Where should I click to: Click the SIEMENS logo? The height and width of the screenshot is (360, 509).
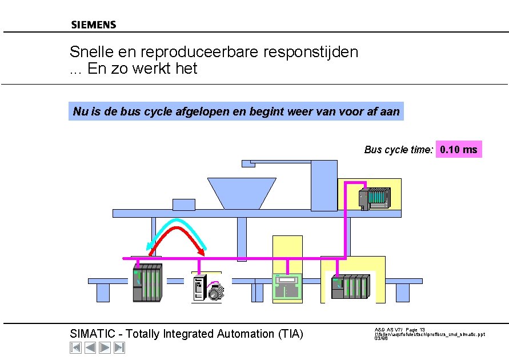coord(94,25)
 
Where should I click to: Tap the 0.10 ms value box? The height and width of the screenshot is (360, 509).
coord(459,150)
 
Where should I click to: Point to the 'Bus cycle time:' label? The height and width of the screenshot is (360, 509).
coord(399,150)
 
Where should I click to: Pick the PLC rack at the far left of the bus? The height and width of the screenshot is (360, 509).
coord(147,282)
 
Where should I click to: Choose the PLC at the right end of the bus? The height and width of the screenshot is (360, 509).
coord(350,286)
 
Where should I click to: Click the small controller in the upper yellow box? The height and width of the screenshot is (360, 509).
coord(374,198)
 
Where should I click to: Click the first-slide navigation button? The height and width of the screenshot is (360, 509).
coord(75,347)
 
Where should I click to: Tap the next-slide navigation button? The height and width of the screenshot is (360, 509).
coord(105,347)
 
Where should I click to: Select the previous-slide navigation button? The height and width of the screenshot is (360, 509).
coord(90,347)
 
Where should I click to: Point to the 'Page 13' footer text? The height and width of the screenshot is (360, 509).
coord(415,330)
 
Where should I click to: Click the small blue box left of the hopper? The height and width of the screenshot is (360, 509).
coord(184,205)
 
